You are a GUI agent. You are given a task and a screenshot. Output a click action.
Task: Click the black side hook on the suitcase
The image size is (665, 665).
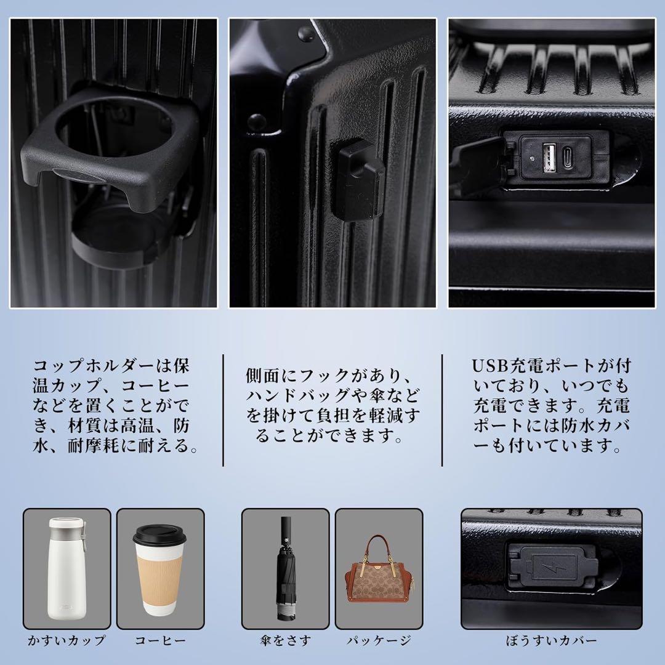(358, 180)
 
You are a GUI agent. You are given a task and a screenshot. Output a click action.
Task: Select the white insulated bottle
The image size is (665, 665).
(68, 568)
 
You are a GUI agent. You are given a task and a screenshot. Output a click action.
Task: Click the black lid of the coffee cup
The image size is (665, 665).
(159, 535)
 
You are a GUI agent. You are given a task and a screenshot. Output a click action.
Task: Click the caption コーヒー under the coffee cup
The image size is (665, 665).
(160, 640)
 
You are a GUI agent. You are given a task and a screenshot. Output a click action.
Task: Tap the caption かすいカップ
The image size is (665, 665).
(66, 640)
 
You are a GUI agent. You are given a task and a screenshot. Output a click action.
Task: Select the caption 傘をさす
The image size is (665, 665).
(286, 640)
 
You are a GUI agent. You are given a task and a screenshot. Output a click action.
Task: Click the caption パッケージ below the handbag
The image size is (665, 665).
(379, 640)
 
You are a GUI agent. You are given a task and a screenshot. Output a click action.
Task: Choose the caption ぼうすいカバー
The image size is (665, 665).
(551, 640)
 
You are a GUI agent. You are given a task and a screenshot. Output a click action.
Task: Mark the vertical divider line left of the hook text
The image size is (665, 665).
(223, 411)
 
